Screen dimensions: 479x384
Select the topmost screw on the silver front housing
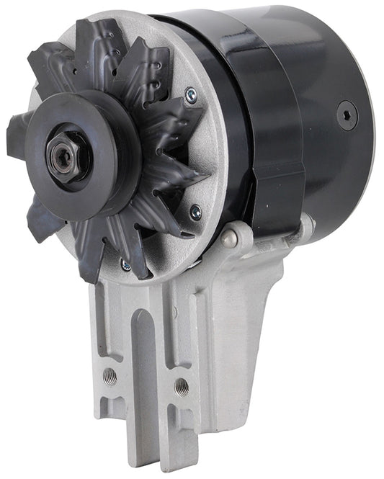pos(190,92)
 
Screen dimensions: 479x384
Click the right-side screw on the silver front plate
pos(195,211)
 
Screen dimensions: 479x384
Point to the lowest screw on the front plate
pos(127,265)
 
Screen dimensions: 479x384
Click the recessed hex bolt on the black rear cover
pos(348,114)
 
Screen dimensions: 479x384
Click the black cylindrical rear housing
pos(317,108)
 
